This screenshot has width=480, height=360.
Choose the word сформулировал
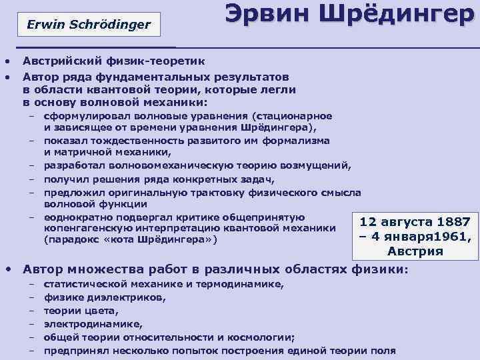point(81,117)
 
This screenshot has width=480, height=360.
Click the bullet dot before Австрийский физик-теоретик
point(7,61)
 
